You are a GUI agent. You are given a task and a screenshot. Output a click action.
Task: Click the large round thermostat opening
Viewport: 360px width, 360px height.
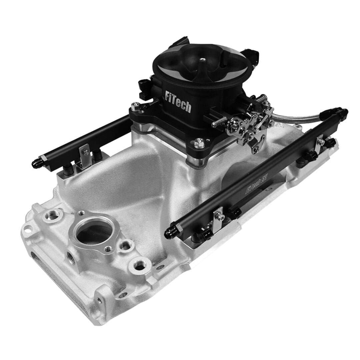pos(94,230)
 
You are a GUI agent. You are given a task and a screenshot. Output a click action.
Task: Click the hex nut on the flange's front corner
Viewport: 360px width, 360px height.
pos(200,143)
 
